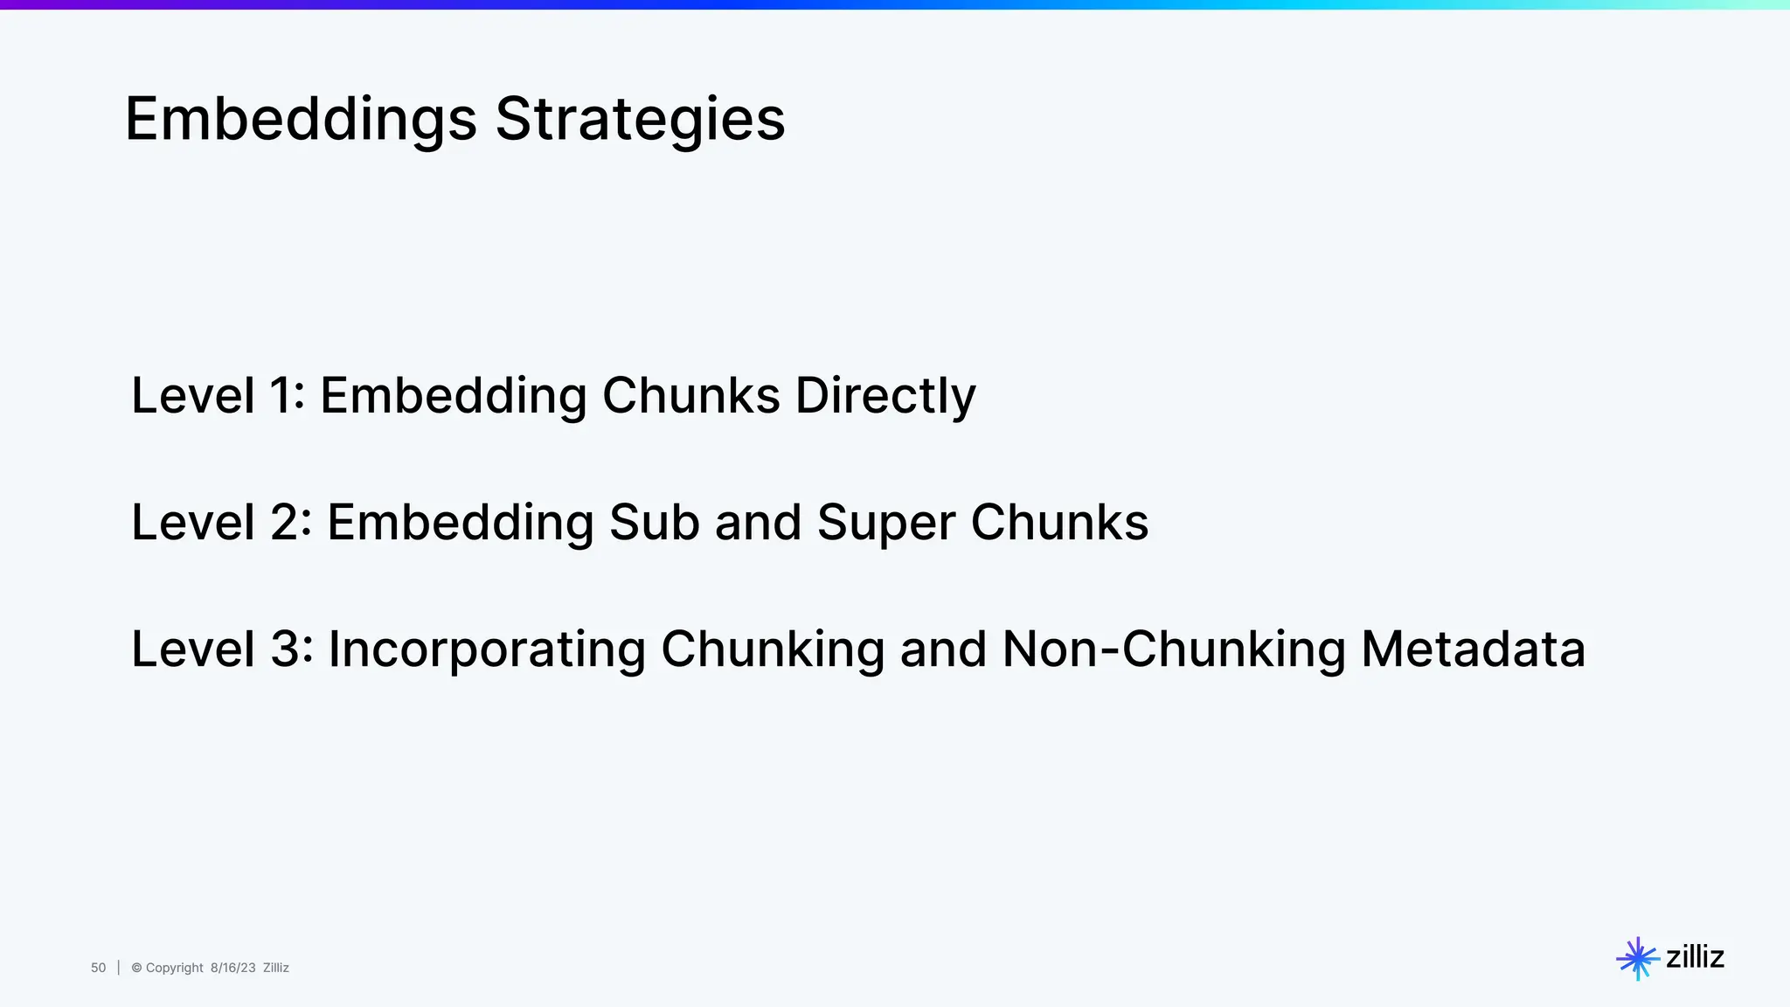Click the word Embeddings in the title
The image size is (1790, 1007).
click(x=301, y=120)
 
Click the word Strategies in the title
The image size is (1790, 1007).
click(x=640, y=120)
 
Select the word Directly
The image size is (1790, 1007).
click(x=885, y=395)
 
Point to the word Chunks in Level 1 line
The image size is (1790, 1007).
click(x=690, y=395)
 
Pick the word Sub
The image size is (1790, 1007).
click(x=654, y=523)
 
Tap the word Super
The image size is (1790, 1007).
click(x=885, y=523)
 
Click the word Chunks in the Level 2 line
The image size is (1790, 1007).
click(x=1059, y=523)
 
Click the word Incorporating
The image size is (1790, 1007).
click(x=486, y=649)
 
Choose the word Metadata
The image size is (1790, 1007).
click(x=1473, y=649)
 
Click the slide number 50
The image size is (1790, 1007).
click(x=98, y=968)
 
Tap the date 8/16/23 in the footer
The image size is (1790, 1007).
click(x=232, y=968)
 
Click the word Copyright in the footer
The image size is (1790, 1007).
click(x=174, y=968)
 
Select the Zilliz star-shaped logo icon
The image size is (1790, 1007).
click(x=1637, y=958)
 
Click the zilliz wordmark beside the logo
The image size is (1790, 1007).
click(x=1695, y=957)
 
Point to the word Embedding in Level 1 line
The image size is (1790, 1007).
click(x=453, y=395)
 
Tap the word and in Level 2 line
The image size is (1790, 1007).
click(x=758, y=523)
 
